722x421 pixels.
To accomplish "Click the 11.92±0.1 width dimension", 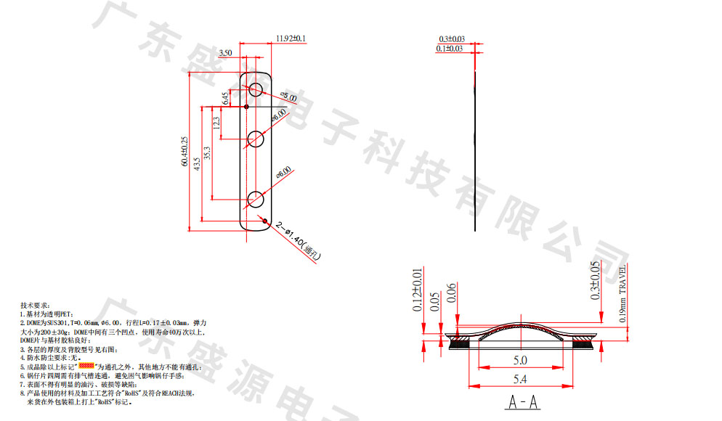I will pos(291,38).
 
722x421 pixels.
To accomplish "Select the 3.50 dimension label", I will pos(225,53).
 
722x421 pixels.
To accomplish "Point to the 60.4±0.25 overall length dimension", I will pos(184,152).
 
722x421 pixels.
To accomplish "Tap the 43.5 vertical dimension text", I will pos(197,165).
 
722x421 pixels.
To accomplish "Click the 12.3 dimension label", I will pos(216,124).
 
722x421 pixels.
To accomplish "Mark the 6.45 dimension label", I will pos(225,99).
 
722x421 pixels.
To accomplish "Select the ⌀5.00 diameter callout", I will pos(288,97).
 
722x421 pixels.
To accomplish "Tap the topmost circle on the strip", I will pos(256,90).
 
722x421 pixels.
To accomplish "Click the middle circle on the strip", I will pos(256,139).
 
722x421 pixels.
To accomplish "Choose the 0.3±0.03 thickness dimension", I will pos(452,39).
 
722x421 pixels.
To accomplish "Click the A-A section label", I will pos(523,401).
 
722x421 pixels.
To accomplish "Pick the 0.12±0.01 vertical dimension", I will pos(417,290).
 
